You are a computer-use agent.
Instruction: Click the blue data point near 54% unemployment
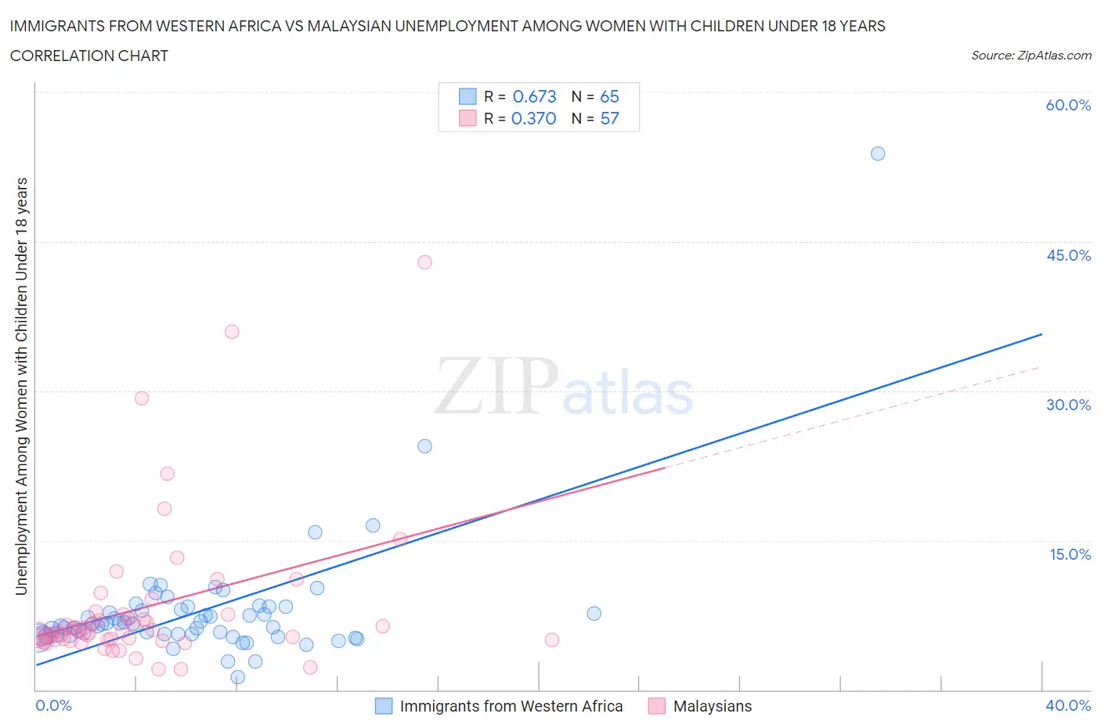tap(878, 153)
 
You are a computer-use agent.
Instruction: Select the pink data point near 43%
tap(424, 262)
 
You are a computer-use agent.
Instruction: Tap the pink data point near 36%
tap(232, 332)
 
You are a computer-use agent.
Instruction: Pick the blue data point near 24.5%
tap(424, 446)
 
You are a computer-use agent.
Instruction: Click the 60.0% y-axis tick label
tap(1068, 105)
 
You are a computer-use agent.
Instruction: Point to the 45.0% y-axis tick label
tap(1068, 255)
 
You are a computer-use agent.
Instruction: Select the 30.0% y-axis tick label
tap(1068, 405)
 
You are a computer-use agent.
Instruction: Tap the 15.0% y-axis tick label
tap(1070, 554)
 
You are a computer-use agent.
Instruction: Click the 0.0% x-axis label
tap(54, 705)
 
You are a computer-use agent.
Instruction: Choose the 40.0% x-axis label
tap(1068, 705)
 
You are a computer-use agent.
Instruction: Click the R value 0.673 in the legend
tap(534, 96)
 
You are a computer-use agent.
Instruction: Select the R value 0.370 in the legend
tap(533, 118)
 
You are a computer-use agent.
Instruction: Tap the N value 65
tap(609, 96)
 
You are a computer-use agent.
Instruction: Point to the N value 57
tap(609, 118)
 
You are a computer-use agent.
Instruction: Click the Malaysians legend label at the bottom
tap(712, 706)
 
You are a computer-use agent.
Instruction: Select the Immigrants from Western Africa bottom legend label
tap(511, 706)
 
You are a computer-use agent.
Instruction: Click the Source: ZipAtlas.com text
tap(1031, 55)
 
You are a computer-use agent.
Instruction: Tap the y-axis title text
tap(21, 386)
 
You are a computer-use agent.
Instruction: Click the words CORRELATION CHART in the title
tap(88, 56)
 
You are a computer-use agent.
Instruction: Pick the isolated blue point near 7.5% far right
tap(594, 614)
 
